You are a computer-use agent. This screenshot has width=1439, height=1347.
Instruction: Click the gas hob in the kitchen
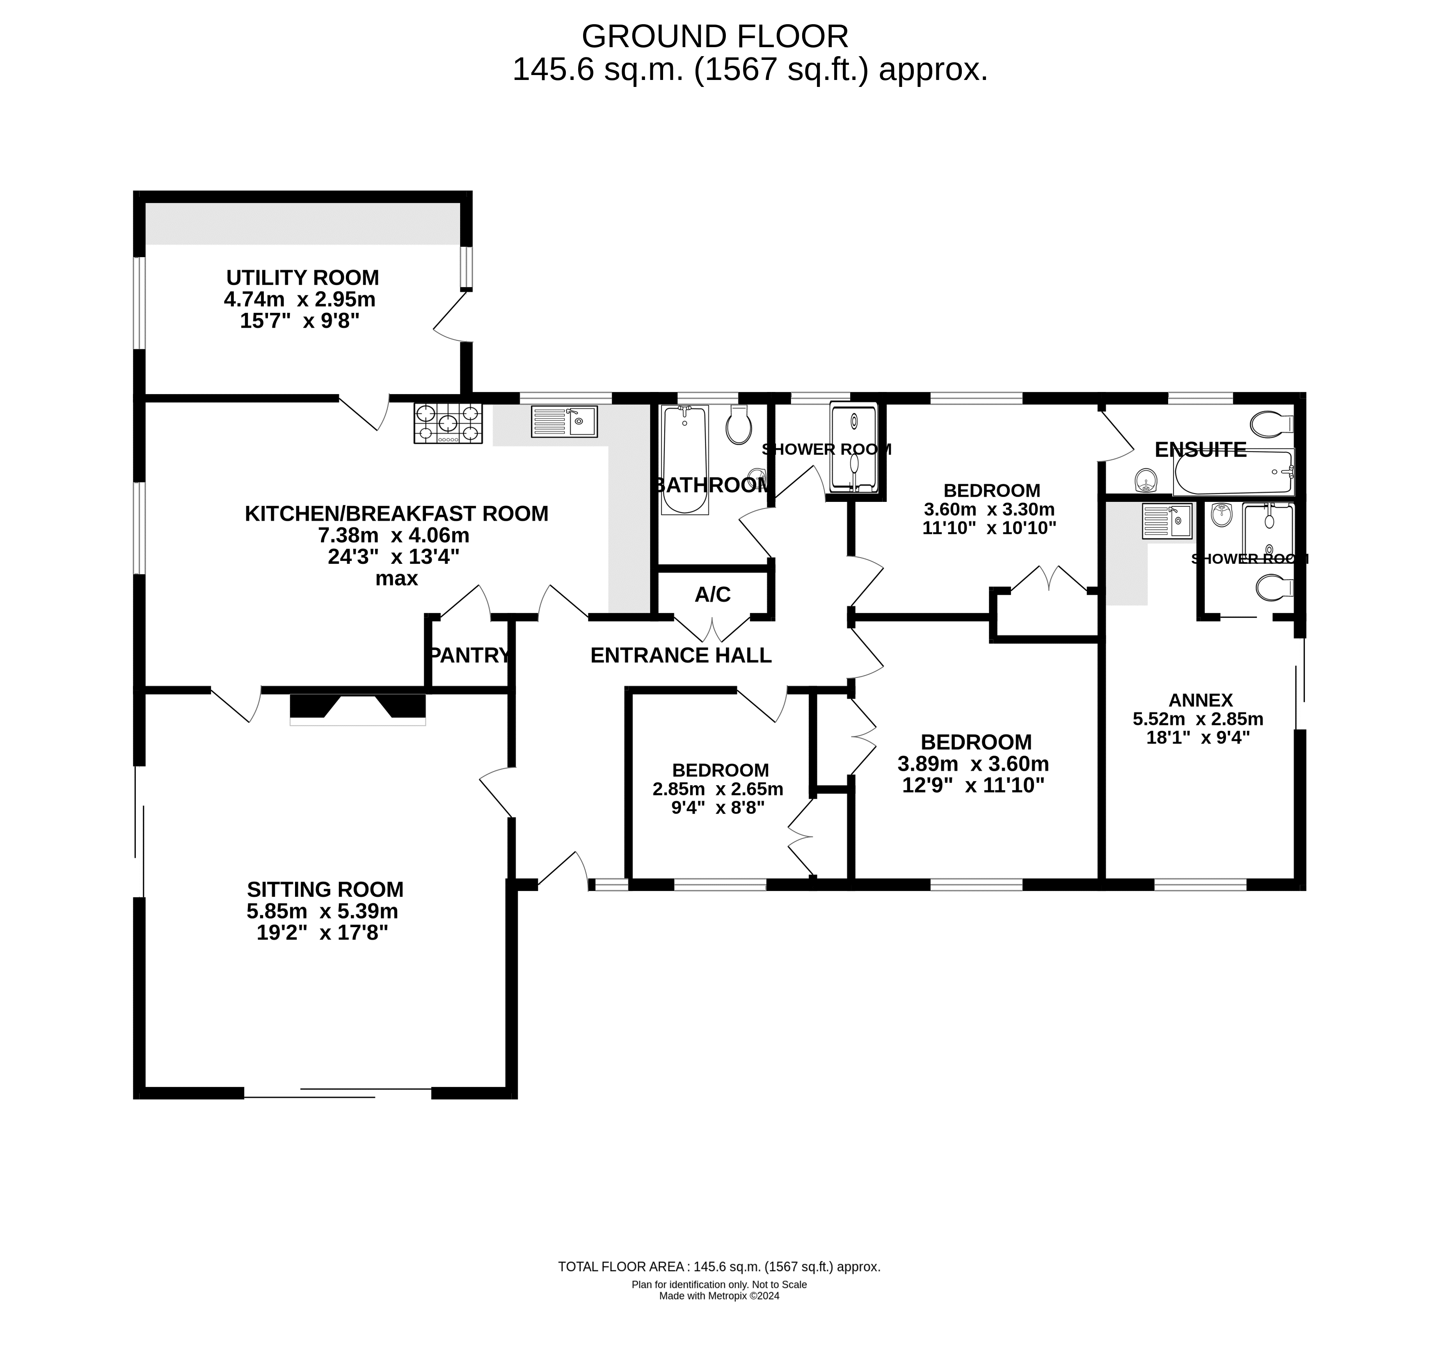448,423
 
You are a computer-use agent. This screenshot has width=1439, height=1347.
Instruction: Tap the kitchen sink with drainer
564,421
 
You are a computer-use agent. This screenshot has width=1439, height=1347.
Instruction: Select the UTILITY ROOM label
302,278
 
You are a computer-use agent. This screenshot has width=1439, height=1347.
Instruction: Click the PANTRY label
470,655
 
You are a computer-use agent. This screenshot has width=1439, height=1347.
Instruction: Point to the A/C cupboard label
713,595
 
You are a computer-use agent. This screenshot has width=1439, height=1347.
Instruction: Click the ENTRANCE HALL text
681,655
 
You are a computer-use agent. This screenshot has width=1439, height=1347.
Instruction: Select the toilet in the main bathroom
739,425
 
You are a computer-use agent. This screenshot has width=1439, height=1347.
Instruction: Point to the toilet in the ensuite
1272,425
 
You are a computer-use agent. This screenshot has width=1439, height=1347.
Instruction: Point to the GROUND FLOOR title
715,37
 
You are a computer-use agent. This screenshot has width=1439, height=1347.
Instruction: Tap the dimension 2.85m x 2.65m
718,789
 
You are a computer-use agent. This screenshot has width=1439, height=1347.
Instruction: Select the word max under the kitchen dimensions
397,579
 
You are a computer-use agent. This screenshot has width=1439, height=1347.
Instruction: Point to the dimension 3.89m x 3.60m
974,764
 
